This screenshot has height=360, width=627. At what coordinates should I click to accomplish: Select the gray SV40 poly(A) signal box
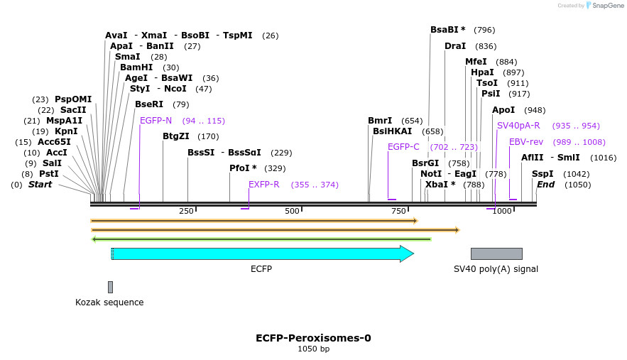pos(496,253)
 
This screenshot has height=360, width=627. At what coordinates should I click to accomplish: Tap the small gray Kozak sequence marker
pos(110,287)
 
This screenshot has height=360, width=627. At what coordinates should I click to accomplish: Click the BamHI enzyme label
pos(136,67)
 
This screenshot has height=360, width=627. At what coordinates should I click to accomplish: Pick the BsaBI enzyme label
pos(447,30)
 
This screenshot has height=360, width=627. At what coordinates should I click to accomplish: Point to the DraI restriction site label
pos(455,46)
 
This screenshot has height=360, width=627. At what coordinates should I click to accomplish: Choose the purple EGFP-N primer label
pos(156,121)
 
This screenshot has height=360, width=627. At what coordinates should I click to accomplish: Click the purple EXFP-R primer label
pos(263,185)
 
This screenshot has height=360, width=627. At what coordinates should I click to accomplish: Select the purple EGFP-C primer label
pos(403,147)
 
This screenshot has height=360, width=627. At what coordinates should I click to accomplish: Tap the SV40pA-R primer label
pos(518,126)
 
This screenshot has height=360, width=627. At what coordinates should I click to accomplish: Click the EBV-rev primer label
pos(526,142)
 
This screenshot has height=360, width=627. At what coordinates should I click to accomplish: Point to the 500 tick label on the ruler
pos(292,211)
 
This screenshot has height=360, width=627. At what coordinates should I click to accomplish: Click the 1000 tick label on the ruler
pos(502,211)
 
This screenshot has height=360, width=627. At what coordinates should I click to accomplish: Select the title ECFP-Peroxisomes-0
pos(313,338)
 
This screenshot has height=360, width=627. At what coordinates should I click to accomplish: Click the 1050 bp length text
pos(313,349)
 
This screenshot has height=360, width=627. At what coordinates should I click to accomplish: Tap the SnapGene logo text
pos(604,6)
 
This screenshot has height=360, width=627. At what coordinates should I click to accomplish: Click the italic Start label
pos(40,185)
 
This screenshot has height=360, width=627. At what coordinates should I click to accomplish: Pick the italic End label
pos(545,185)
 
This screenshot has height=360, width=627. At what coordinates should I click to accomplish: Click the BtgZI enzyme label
pos(176,136)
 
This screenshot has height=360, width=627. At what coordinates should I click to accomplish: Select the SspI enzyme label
pos(543,174)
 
